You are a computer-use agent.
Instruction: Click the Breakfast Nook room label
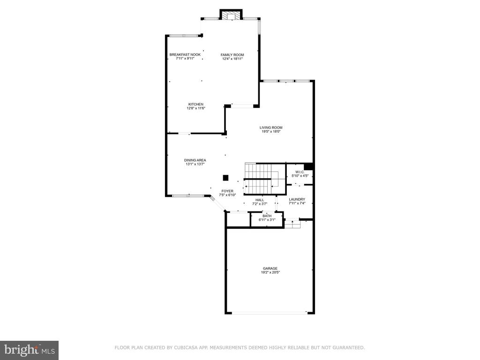point(185,55)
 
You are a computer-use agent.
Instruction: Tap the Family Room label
point(232,55)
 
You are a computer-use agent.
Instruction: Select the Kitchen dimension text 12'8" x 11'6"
point(196,108)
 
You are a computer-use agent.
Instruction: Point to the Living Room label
point(271,127)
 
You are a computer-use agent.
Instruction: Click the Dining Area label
point(195,160)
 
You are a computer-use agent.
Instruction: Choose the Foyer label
point(227,191)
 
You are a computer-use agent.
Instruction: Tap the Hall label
point(260,200)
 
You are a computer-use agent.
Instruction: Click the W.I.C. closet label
point(300,172)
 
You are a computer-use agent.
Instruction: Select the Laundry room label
point(297,199)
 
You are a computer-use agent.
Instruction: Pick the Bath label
point(267,216)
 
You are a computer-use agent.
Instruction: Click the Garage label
point(270,269)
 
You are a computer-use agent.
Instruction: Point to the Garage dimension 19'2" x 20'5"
point(270,272)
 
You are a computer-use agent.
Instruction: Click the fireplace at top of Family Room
point(231,15)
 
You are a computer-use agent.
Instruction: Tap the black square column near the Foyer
point(225,178)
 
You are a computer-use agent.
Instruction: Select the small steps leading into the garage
point(292,224)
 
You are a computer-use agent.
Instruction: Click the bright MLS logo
point(30,350)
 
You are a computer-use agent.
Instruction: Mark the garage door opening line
point(269,313)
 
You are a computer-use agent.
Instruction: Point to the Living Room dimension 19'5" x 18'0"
point(271,132)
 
